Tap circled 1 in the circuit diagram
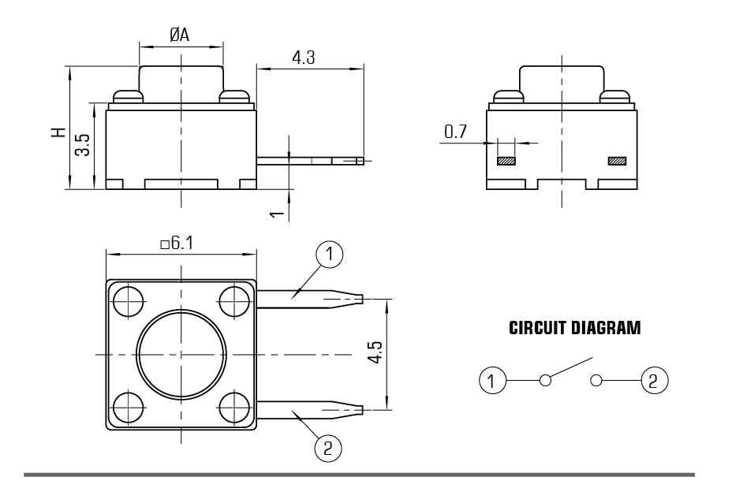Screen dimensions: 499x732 [x=492, y=381]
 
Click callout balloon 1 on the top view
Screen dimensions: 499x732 [x=329, y=255]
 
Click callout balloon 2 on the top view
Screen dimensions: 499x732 [x=328, y=448]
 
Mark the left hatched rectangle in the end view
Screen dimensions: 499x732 [x=506, y=162]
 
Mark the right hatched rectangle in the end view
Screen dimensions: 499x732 [x=616, y=162]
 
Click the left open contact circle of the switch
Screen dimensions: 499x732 [x=545, y=381]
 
